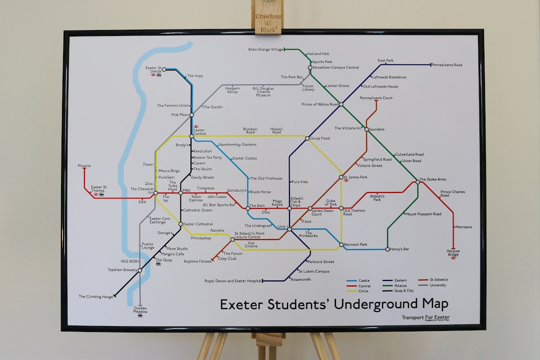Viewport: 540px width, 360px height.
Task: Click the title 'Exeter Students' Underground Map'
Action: click(x=334, y=304)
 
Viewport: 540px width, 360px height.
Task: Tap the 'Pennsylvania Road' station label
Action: click(x=447, y=65)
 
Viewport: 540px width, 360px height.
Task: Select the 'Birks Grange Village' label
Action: click(x=265, y=49)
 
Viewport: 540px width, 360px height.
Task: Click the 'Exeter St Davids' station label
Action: click(x=153, y=69)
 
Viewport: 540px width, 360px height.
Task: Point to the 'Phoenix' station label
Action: click(x=84, y=165)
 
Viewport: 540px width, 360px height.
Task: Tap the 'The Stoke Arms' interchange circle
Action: click(x=418, y=182)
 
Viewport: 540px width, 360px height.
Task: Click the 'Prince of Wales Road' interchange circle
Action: click(x=341, y=104)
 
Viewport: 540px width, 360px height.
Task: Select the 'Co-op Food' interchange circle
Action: click(x=307, y=138)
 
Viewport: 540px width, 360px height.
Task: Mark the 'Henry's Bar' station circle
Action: click(x=387, y=249)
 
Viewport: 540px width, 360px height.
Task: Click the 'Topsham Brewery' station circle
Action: click(x=140, y=270)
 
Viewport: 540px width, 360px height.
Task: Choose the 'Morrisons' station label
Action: click(x=463, y=227)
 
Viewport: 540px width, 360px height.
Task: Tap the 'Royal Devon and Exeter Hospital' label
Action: click(x=233, y=281)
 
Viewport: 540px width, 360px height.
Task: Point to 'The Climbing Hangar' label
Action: click(x=96, y=296)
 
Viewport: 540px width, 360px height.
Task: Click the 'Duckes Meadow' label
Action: click(x=140, y=310)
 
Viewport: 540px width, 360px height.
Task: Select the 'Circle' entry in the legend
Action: click(x=363, y=290)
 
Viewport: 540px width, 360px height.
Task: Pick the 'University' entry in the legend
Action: click(x=437, y=285)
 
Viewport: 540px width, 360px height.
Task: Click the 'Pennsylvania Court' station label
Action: click(x=376, y=98)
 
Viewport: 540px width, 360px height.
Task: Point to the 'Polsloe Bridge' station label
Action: click(x=453, y=253)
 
